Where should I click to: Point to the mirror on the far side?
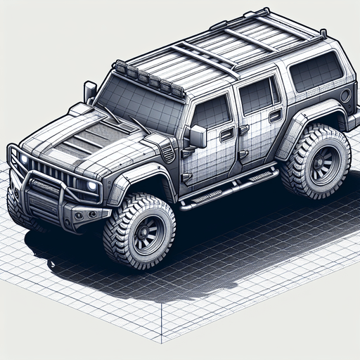90,91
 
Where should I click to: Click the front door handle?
226,134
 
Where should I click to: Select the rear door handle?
275,115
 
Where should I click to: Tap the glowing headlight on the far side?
25,160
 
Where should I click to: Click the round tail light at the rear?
345,95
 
